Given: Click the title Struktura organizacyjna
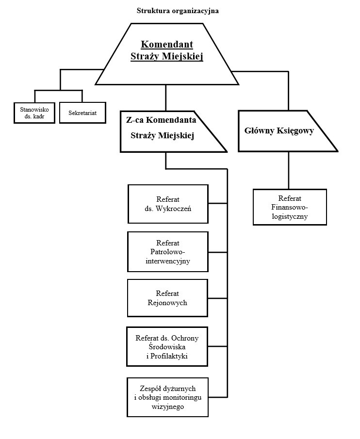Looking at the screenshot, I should click(x=178, y=11).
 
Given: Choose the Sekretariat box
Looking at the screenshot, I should click(x=82, y=113).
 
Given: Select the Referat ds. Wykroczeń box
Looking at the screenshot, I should click(x=168, y=204).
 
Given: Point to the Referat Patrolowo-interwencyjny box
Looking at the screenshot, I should click(x=168, y=251).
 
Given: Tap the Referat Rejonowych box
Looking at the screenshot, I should click(x=168, y=298).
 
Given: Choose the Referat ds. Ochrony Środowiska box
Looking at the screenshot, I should click(x=168, y=347).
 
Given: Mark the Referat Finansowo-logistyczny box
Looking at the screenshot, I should click(x=290, y=207).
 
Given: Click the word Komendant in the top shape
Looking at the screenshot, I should click(x=166, y=45).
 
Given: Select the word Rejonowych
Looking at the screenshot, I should click(x=168, y=303).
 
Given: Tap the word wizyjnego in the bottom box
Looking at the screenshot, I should click(x=168, y=407).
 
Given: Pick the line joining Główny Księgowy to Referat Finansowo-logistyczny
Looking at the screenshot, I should click(x=289, y=170).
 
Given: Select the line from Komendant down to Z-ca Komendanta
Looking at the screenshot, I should click(x=166, y=98).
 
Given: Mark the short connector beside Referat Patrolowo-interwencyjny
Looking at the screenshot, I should click(x=218, y=252).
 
